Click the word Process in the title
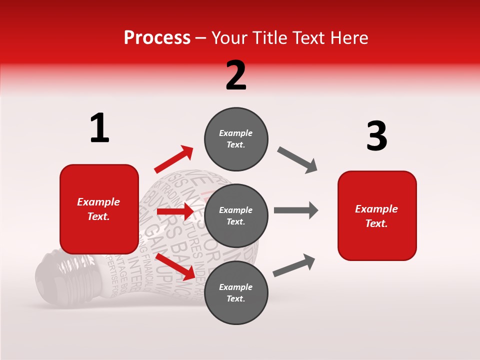coord(157,38)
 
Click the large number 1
coord(99,128)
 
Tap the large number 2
coord(236,75)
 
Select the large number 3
coord(376,136)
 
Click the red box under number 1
coord(99,209)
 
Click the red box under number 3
coord(377,215)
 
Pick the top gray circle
coord(236,139)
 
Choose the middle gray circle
coord(236,215)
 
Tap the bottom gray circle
coord(236,292)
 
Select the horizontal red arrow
coord(175,212)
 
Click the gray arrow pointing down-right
coord(297,159)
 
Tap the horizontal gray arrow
coord(296,210)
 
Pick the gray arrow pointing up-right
coord(294,265)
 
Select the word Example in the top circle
coord(236,133)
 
